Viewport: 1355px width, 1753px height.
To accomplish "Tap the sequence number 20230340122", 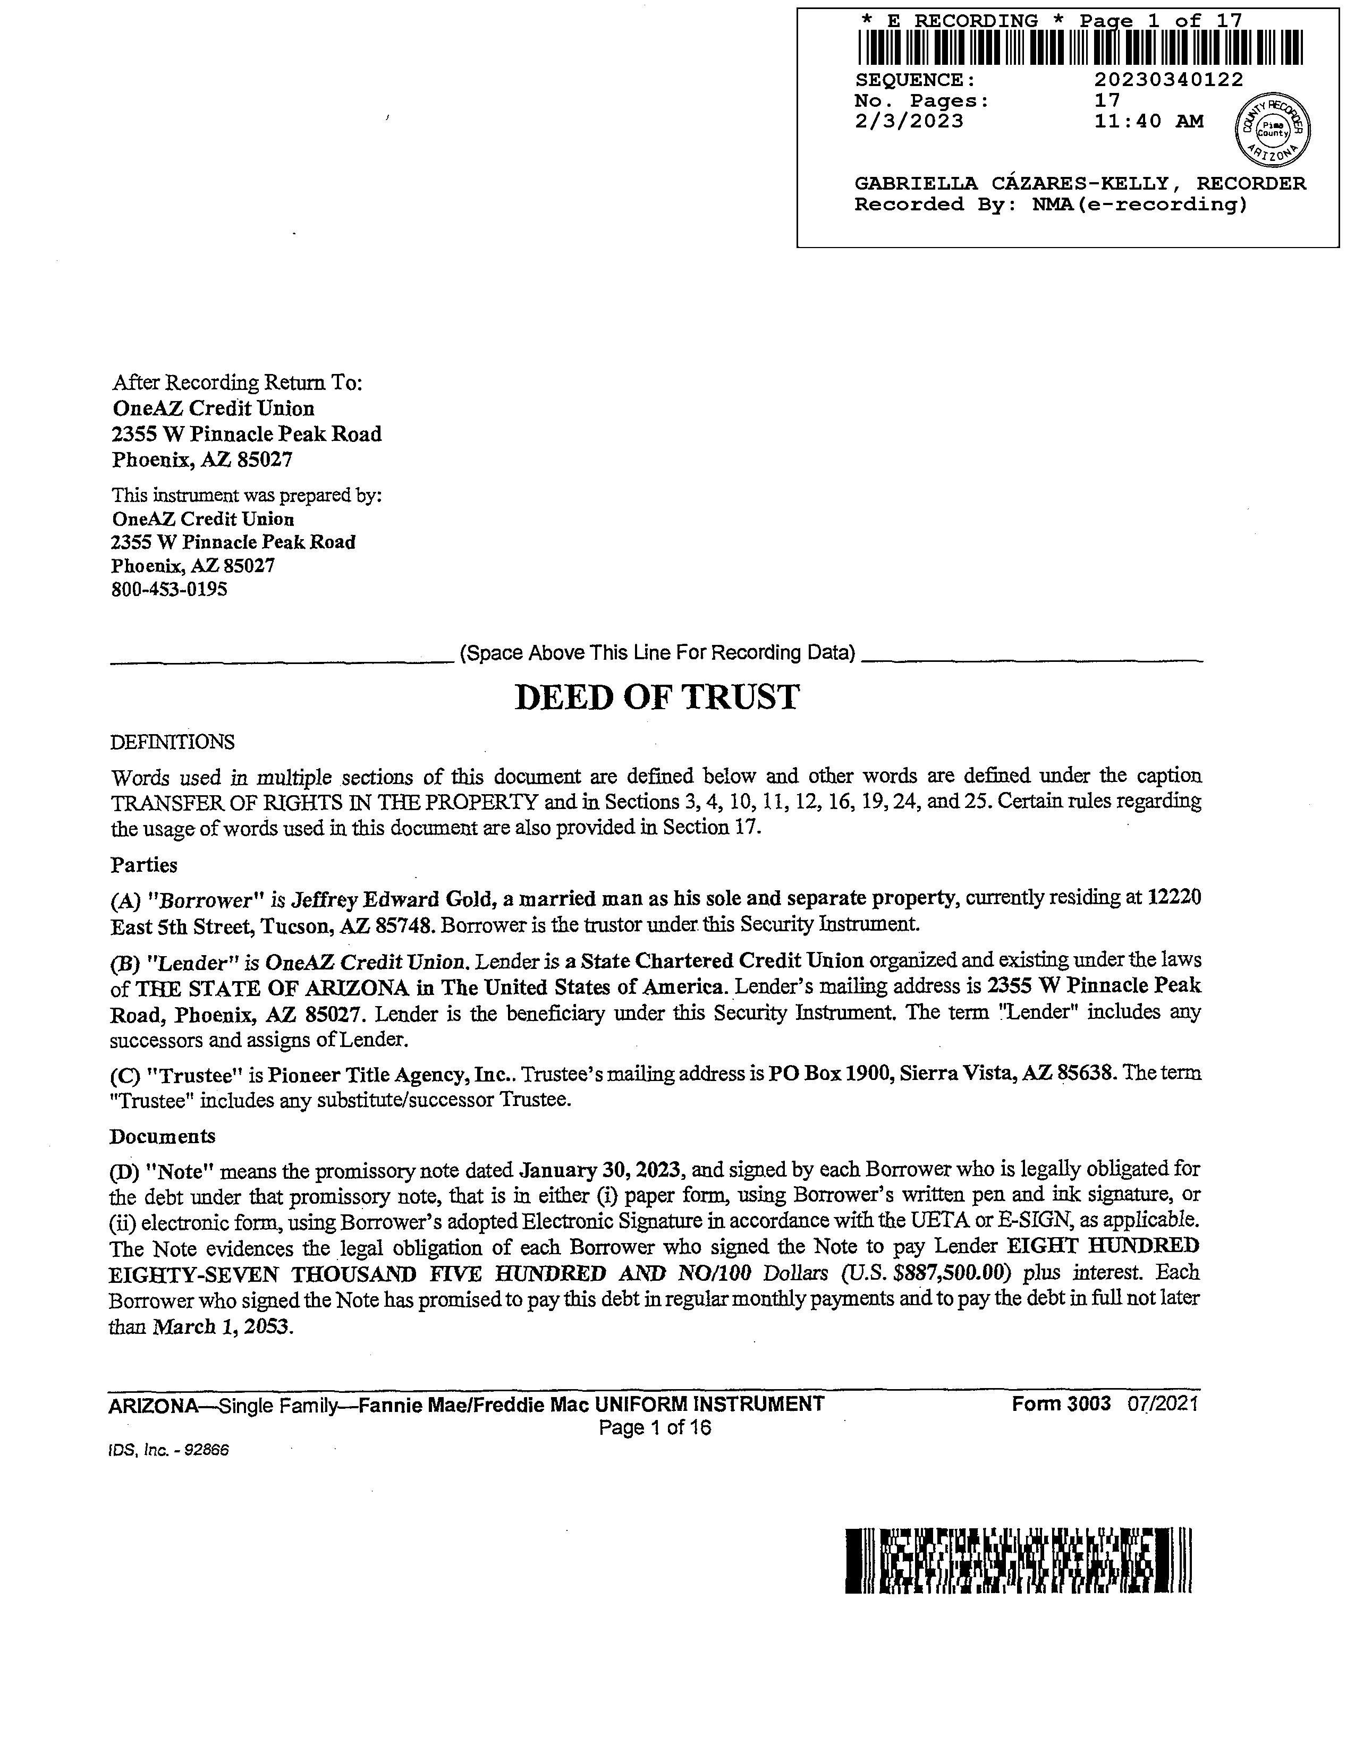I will pos(1168,80).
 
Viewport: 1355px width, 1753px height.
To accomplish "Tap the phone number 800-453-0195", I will pos(170,589).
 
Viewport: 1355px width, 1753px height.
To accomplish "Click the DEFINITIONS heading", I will pos(173,742).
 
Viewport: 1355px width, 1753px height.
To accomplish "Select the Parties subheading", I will pos(143,865).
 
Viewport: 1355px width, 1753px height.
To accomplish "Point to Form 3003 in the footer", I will pos(1061,1403).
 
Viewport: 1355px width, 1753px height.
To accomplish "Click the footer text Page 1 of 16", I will pos(655,1428).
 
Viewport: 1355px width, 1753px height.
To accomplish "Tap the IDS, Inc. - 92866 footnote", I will pos(170,1451).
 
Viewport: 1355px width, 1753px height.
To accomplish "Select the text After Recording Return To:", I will pos(238,383).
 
